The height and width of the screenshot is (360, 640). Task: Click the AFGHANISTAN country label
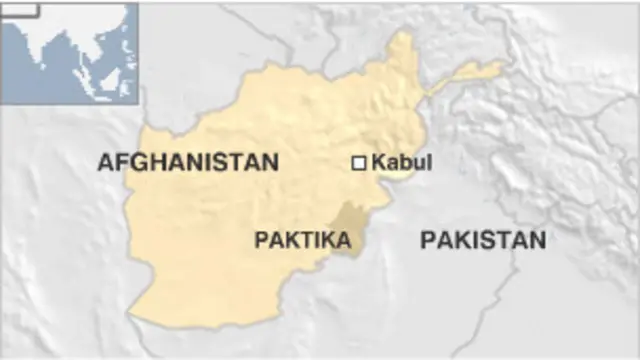pyautogui.click(x=187, y=162)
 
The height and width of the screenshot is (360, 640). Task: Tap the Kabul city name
pyautogui.click(x=402, y=163)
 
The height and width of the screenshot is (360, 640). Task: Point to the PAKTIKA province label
pyautogui.click(x=302, y=240)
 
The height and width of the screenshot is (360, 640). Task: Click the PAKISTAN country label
pyautogui.click(x=483, y=240)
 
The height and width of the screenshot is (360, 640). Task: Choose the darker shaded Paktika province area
pyautogui.click(x=349, y=229)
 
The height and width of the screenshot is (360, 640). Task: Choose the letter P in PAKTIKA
pyautogui.click(x=261, y=240)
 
